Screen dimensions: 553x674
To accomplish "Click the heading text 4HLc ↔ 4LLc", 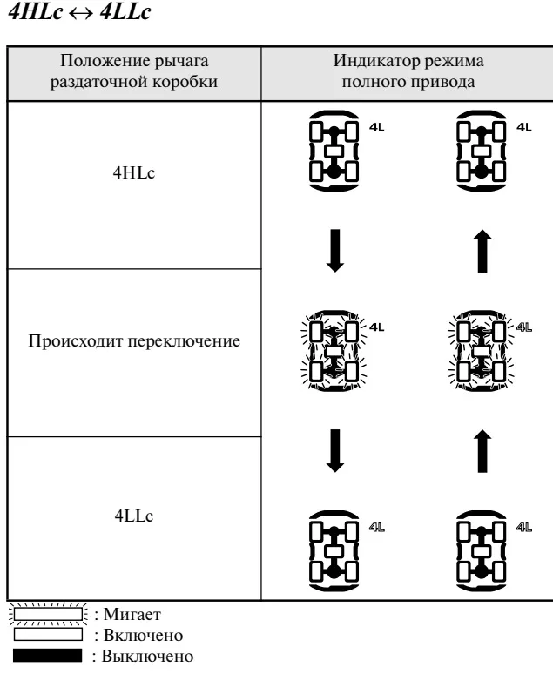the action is [79, 11].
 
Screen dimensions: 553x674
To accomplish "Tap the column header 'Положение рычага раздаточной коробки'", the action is [134, 71].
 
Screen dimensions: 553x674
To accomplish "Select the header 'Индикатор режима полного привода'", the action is [408, 71].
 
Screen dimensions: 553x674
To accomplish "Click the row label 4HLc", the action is [134, 172].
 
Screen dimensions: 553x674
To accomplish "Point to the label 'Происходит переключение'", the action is [134, 340].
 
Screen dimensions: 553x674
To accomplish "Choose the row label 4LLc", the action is [134, 516].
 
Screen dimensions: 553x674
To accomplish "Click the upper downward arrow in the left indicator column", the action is [335, 251].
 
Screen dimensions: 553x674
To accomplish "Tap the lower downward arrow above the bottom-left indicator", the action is [335, 451].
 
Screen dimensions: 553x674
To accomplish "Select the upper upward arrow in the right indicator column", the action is [482, 251].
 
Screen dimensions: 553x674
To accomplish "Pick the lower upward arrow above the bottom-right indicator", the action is [482, 451].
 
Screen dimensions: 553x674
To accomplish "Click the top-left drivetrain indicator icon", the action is [334, 151].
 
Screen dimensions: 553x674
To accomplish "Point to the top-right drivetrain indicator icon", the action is [482, 151].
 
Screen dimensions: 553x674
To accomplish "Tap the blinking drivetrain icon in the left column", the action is [334, 351].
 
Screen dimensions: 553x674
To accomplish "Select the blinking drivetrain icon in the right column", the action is [482, 351].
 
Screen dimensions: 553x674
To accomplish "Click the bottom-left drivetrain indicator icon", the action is [334, 551].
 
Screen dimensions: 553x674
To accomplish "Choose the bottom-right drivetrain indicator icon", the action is [482, 551].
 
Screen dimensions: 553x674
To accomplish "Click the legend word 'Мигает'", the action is [132, 614].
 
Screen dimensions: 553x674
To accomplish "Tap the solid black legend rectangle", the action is [47, 656].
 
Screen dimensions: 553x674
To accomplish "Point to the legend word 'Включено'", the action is [144, 635].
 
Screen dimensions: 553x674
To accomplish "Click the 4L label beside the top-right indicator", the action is [523, 127].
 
